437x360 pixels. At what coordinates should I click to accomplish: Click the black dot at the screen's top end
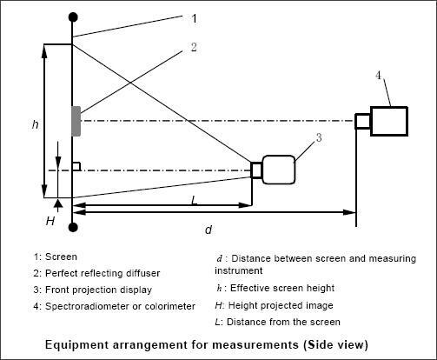tap(73, 17)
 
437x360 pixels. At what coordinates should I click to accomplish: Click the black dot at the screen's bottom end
tap(73, 228)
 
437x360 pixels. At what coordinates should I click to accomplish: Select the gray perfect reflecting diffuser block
tap(76, 121)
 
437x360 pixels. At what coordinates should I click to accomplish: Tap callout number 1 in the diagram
tap(195, 18)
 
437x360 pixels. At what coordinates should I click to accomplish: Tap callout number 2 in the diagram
tap(194, 47)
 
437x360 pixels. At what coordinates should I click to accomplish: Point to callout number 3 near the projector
tap(319, 137)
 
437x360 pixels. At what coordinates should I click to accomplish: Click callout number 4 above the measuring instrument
tap(379, 76)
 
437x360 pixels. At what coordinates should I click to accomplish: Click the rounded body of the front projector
tap(279, 170)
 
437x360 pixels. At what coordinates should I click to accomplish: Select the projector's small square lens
tap(256, 170)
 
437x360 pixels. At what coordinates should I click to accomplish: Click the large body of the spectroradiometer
tap(389, 121)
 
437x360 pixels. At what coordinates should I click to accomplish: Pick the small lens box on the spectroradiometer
tap(363, 121)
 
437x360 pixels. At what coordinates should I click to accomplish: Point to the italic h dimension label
tap(36, 124)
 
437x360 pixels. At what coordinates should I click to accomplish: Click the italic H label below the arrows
tap(50, 221)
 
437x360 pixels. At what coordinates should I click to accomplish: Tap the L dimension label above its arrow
tap(195, 200)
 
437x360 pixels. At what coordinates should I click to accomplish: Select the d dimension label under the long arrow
tap(209, 230)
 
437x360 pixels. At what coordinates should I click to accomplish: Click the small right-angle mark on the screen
tap(76, 166)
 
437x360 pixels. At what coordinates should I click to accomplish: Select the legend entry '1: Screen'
tap(56, 257)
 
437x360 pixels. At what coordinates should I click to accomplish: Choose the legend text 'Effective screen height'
tap(282, 288)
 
